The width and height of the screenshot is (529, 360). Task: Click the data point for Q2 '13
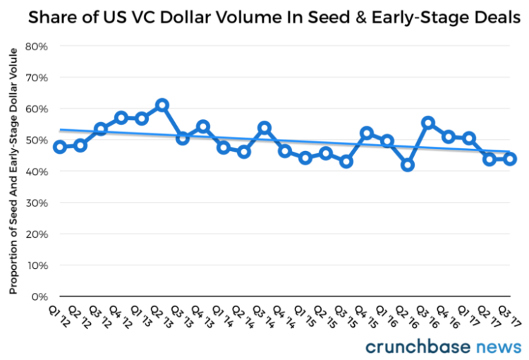(162, 104)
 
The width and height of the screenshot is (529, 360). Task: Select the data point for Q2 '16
(408, 164)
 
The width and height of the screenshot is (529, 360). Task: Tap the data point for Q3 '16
(428, 123)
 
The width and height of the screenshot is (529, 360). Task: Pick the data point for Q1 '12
(60, 147)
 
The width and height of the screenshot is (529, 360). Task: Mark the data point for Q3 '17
(510, 159)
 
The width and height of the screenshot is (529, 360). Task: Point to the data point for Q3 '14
(264, 128)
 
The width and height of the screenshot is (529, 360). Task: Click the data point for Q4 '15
(367, 133)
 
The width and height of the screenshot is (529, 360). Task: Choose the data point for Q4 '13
(203, 126)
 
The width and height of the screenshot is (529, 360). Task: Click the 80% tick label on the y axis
(36, 47)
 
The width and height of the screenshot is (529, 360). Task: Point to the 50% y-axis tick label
(36, 140)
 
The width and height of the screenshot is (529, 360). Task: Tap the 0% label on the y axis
(39, 296)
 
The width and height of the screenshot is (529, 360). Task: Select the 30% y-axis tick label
(36, 203)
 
